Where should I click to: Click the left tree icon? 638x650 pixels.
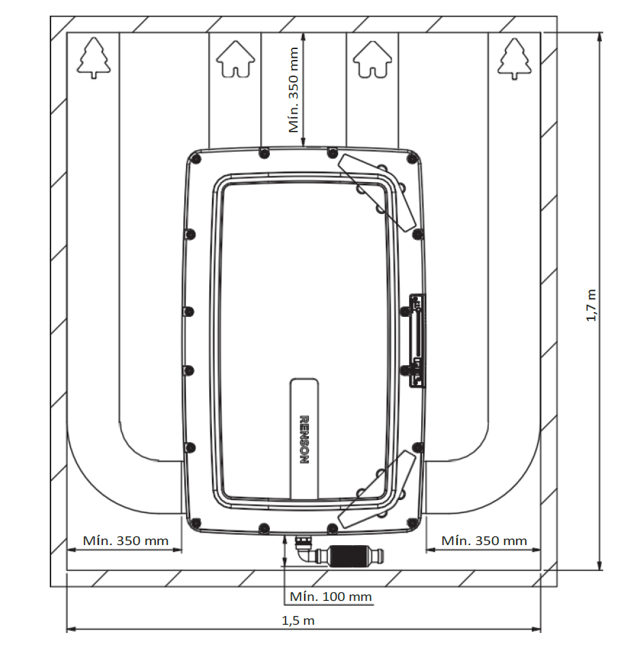[94, 58]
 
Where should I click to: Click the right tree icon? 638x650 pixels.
[515, 59]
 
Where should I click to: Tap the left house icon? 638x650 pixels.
[236, 59]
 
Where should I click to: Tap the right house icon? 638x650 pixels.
[372, 59]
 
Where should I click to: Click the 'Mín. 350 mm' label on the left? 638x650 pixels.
[125, 540]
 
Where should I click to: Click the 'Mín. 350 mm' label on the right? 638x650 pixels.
[484, 540]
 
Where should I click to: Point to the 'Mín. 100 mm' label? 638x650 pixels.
[331, 597]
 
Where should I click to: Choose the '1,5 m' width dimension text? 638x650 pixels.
[298, 621]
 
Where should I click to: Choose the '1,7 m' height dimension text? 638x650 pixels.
[591, 305]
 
